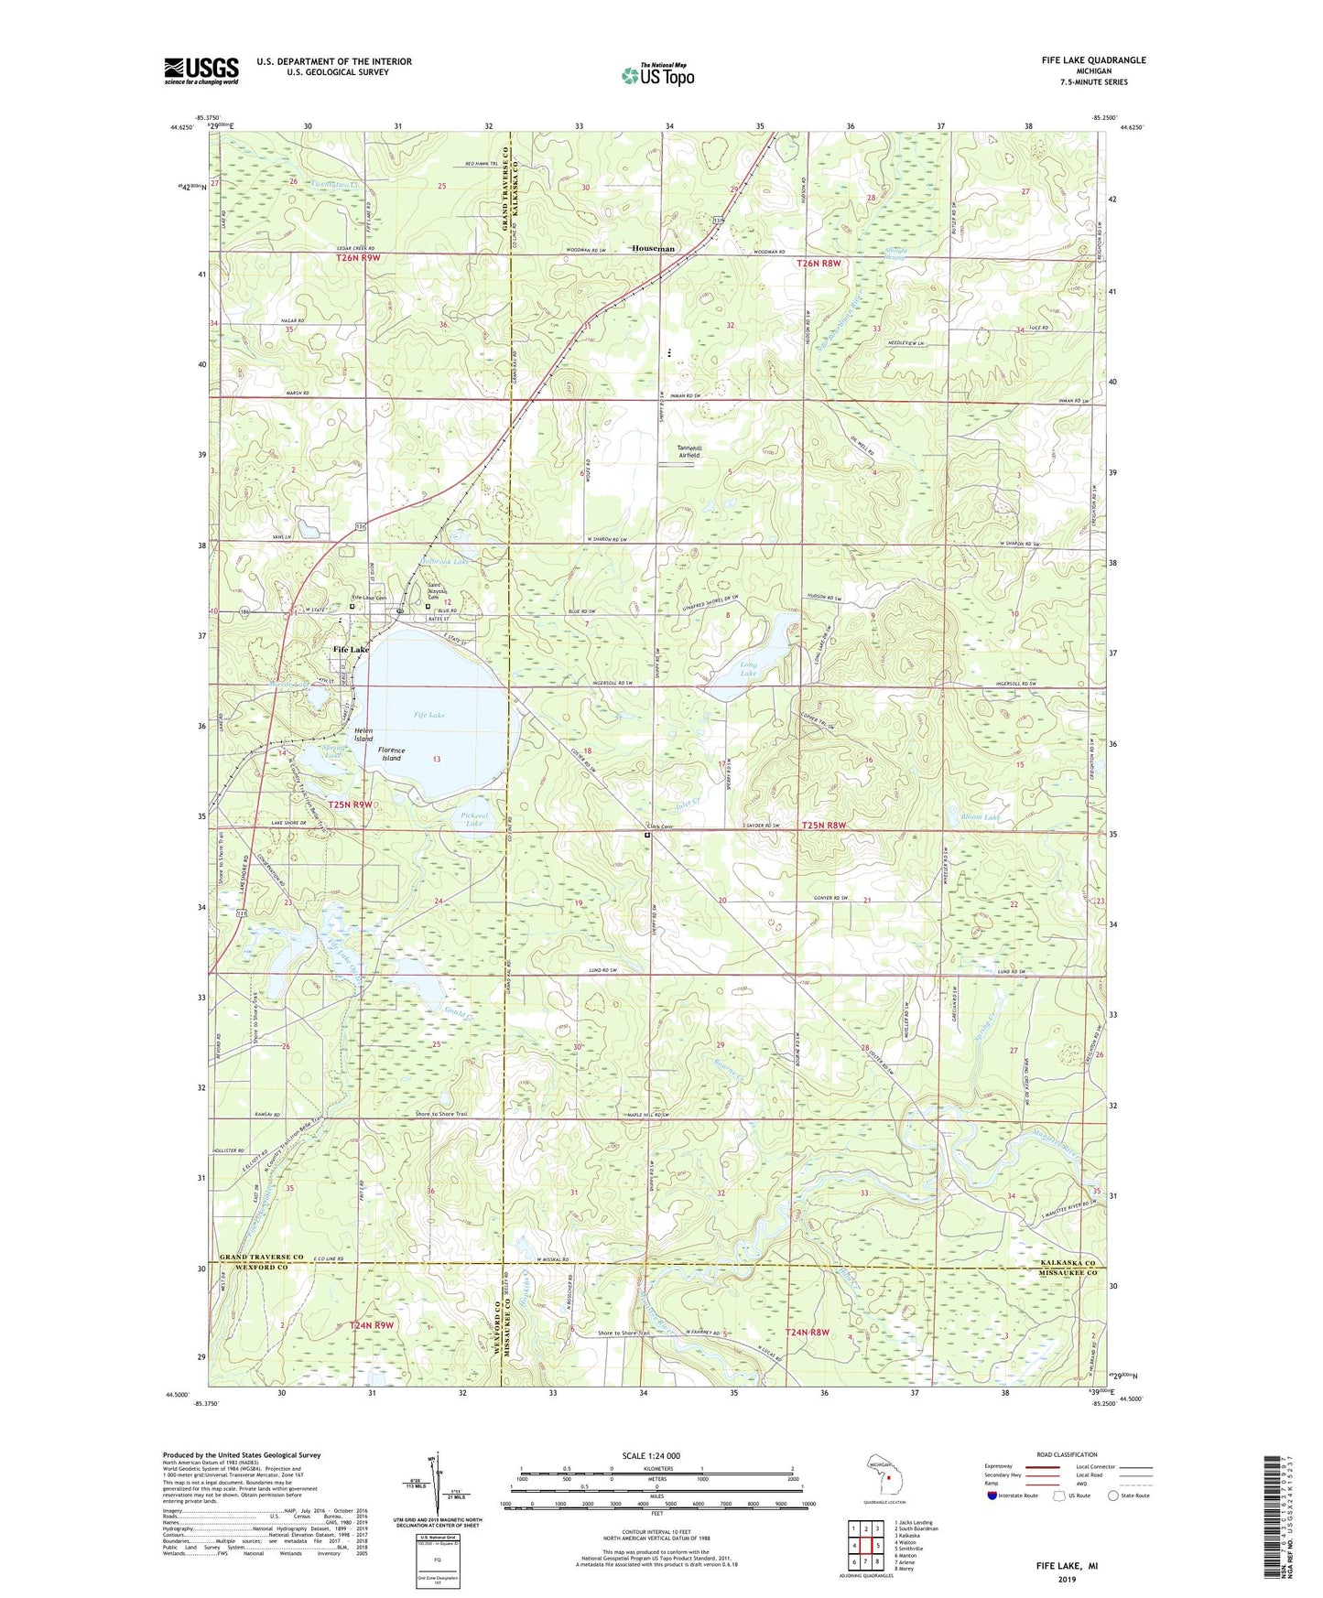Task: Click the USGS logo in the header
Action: (201, 70)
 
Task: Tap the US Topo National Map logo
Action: (656, 75)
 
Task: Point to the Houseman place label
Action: (654, 249)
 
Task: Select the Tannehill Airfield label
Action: (689, 451)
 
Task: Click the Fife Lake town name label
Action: (351, 649)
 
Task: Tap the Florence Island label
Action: (392, 754)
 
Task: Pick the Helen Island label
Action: (363, 734)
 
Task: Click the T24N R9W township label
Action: (371, 1325)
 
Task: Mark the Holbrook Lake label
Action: (444, 561)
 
